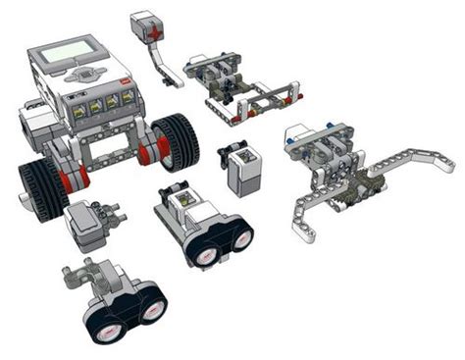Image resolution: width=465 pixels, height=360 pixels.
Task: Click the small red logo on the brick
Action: (124, 82)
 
